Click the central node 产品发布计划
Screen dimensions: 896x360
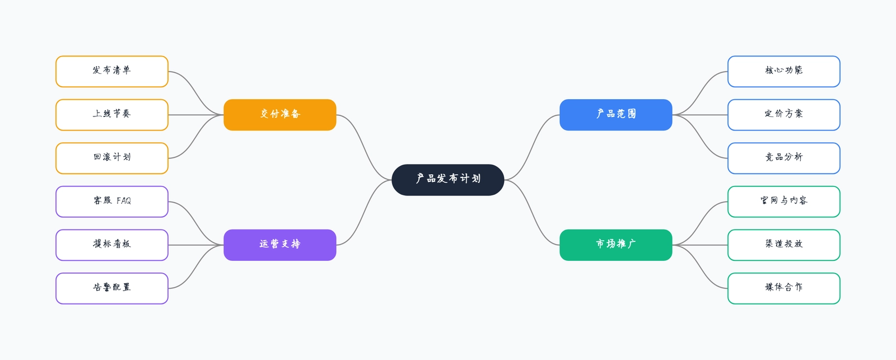[x=447, y=180]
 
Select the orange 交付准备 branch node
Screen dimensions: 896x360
[x=279, y=115]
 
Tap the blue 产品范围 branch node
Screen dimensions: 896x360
[x=615, y=115]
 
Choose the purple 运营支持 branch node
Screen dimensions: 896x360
[x=279, y=245]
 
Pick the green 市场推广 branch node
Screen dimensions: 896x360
[x=615, y=245]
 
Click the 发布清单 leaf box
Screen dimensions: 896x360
[x=112, y=71]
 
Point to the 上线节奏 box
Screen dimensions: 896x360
[x=112, y=115]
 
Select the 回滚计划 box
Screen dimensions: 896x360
[x=112, y=158]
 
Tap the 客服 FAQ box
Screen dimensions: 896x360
[x=112, y=202]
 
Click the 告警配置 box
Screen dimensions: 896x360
[x=112, y=288]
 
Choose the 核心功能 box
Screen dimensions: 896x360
[x=783, y=71]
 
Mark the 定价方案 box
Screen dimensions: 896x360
[x=783, y=115]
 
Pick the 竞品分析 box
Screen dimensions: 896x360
[x=783, y=158]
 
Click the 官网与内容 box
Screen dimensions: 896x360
[x=783, y=202]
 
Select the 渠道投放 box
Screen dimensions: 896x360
[x=783, y=245]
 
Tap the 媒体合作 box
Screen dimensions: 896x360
[x=783, y=288]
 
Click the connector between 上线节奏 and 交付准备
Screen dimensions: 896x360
[x=196, y=115]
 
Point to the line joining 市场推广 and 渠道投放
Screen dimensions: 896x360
[x=700, y=245]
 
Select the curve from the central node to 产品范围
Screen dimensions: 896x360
[x=532, y=147]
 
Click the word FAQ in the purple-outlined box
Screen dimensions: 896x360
[x=124, y=200]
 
